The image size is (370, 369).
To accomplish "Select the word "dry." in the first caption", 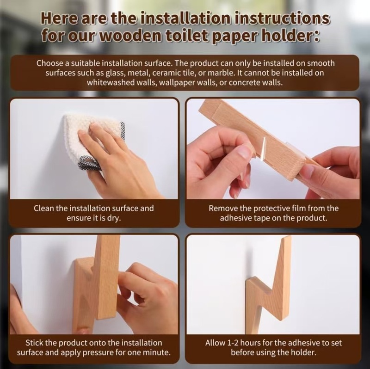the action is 114,218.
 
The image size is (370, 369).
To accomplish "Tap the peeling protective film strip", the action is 263,148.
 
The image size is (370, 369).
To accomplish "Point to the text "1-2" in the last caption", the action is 233,343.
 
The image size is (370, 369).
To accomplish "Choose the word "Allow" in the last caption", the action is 215,343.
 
